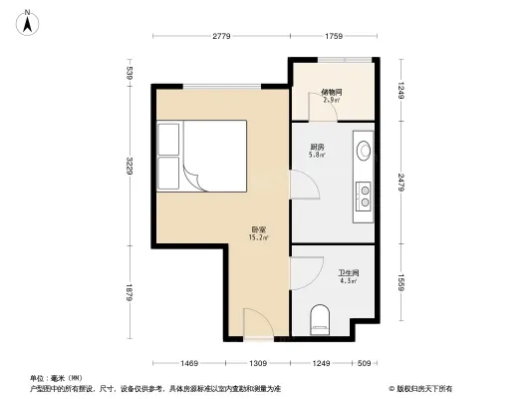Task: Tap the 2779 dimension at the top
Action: click(221, 37)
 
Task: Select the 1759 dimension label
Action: click(333, 37)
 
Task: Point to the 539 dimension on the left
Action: click(130, 72)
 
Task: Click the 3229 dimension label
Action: click(130, 164)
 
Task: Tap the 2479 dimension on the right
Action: click(400, 182)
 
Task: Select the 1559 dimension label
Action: click(400, 282)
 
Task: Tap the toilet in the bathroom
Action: click(320, 318)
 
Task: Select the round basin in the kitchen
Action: click(364, 153)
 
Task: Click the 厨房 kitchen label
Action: click(317, 149)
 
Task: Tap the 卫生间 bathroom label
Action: click(348, 273)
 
